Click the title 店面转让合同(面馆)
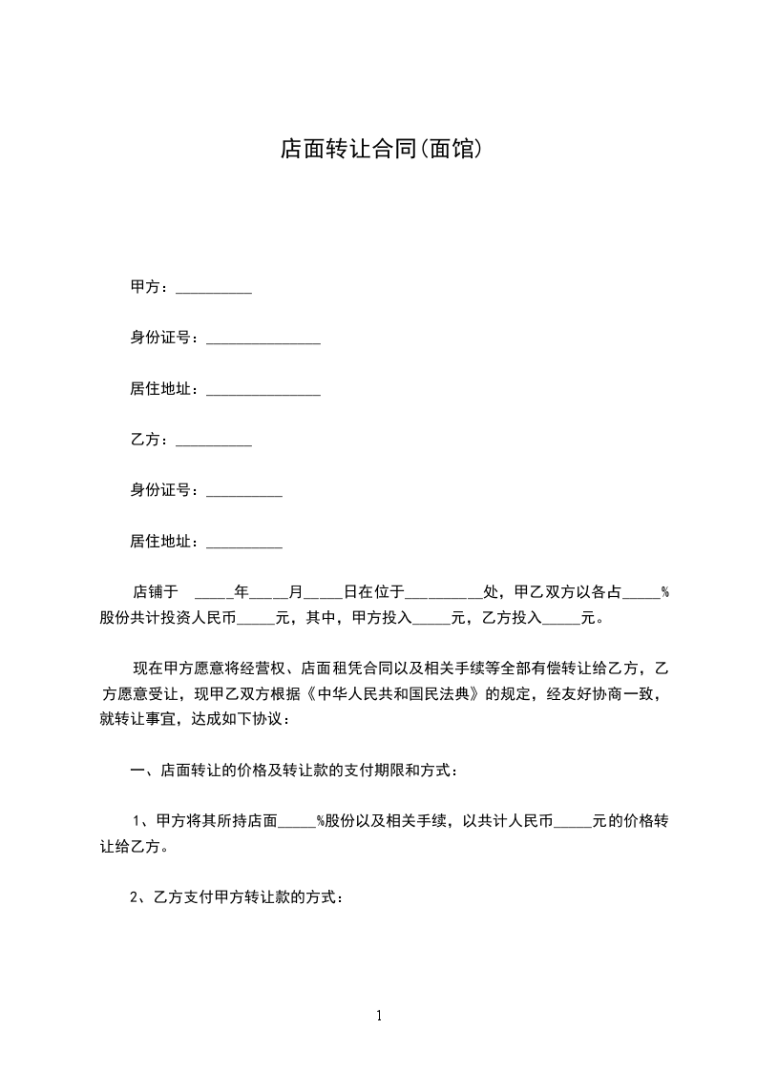click(378, 149)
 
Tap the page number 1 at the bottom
click(379, 1016)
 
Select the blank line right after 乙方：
click(214, 441)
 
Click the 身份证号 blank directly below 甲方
click(263, 340)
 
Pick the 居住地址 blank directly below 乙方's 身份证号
click(243, 543)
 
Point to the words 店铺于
click(155, 592)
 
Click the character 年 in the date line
click(242, 592)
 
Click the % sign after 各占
click(664, 592)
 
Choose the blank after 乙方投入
click(561, 619)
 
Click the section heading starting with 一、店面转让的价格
click(293, 770)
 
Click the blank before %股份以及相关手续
click(297, 821)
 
